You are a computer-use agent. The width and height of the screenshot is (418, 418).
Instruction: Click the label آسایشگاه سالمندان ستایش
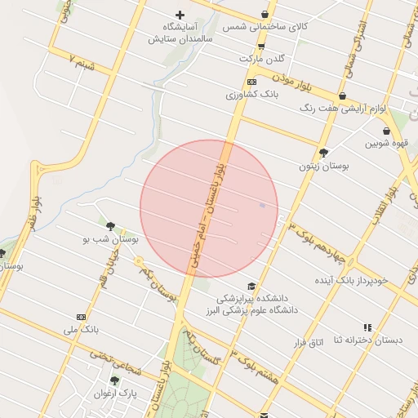point(180,33)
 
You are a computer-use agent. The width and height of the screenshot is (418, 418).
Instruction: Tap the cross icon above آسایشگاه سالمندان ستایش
point(180,15)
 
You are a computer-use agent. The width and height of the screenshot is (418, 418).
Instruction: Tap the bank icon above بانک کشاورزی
point(251,82)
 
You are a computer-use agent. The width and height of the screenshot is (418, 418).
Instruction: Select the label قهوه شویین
point(386,144)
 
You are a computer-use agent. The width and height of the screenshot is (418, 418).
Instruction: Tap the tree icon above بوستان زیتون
point(324,152)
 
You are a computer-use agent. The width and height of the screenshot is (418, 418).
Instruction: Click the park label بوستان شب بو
point(110,239)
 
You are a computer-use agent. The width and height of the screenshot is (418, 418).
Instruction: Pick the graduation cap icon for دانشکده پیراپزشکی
point(251,287)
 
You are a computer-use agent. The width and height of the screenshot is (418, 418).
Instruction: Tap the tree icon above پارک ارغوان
point(114,380)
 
